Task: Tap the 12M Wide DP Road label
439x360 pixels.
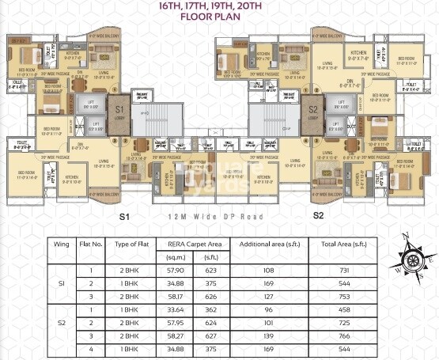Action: point(219,215)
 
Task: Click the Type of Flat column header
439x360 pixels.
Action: point(127,243)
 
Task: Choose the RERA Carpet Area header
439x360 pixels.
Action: point(190,243)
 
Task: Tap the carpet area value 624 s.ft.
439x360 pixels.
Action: point(211,323)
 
